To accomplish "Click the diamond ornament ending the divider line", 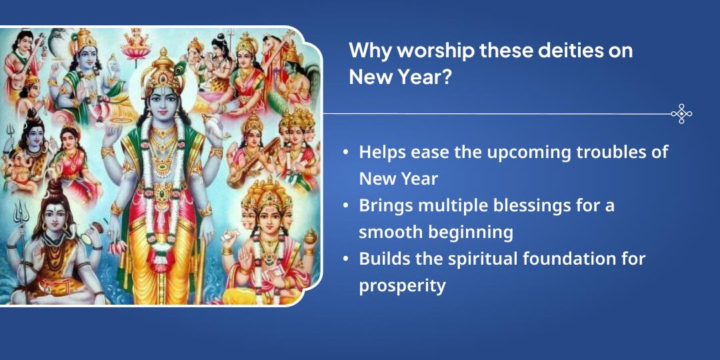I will (681, 114).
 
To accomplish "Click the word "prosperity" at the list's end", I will (402, 285).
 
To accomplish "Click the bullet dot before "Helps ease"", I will (345, 153).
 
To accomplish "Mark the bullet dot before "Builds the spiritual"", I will (345, 259).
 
